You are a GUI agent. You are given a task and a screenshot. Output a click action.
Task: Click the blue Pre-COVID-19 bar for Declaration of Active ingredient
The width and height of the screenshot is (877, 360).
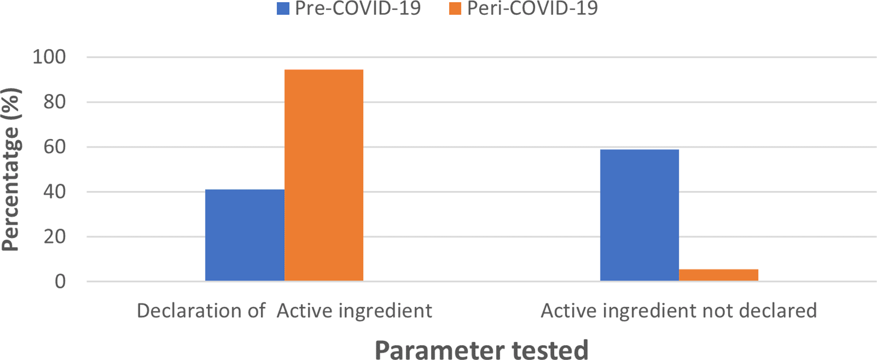pos(244,235)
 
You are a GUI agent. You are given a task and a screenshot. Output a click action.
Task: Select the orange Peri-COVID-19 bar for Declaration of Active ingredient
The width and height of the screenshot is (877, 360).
pos(324,175)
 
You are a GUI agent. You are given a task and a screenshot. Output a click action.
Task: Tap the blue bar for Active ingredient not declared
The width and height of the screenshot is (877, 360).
pos(639,215)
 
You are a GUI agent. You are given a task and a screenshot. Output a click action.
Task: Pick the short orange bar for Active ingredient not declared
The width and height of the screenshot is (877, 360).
pos(718,275)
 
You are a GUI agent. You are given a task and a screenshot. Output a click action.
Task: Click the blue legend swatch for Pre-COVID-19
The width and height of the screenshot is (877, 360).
pos(283,8)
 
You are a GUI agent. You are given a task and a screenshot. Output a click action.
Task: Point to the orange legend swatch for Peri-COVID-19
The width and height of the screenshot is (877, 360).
pos(455,8)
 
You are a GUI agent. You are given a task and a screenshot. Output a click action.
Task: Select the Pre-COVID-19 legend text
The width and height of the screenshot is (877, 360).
pos(358,8)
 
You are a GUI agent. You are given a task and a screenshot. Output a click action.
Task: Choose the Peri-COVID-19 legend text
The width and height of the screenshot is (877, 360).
pos(532,8)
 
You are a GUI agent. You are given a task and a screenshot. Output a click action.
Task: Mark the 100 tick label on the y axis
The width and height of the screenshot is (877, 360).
pos(49,57)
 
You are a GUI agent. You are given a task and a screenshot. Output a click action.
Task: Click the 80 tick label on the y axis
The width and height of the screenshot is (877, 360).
pos(55,102)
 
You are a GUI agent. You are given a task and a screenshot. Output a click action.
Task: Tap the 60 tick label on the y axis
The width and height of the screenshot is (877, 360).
pos(55,147)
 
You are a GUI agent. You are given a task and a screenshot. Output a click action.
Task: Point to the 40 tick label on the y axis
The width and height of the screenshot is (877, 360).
pos(55,192)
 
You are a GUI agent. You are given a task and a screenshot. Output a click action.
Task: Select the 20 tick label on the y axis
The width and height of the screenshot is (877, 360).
pos(55,236)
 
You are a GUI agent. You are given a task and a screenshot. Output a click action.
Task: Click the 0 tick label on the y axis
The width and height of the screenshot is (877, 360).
pos(60,282)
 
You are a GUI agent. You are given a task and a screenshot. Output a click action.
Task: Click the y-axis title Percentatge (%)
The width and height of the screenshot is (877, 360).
pos(11,170)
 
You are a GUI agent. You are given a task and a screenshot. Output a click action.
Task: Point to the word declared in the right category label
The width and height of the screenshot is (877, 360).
pos(779,311)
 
